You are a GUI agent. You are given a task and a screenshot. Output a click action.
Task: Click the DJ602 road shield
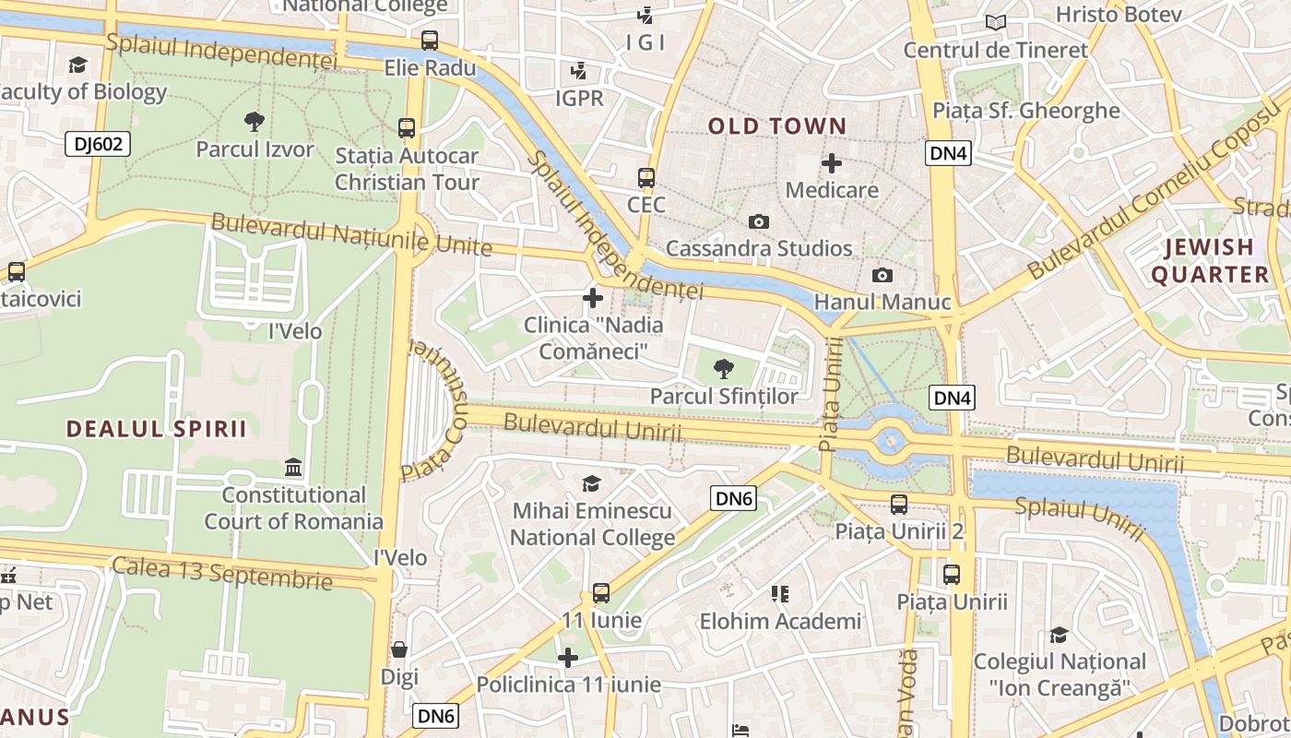[x=98, y=144]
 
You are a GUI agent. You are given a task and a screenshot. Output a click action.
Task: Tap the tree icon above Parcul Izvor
[x=255, y=121]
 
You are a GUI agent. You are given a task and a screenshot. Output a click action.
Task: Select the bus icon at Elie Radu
[x=430, y=41]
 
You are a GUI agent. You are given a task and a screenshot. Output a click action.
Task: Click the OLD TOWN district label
[x=776, y=126]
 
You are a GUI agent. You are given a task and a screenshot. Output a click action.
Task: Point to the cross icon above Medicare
[x=832, y=164]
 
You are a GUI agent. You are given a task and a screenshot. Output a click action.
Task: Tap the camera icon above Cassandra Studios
[x=759, y=221]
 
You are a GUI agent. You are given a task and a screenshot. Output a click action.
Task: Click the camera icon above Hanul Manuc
[x=882, y=275]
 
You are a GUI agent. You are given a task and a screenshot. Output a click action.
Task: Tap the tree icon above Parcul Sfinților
[x=724, y=369]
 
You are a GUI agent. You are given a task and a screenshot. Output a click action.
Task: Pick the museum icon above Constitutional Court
[x=293, y=468]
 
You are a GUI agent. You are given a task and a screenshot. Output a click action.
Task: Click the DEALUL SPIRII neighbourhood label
[x=157, y=429]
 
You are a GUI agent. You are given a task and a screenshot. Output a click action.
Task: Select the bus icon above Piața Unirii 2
[x=899, y=505]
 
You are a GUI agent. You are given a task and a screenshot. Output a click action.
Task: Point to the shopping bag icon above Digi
[x=399, y=649]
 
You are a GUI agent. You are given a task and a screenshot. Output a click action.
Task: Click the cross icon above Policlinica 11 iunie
[x=568, y=658]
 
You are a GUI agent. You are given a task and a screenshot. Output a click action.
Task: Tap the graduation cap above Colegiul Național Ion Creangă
[x=1059, y=635]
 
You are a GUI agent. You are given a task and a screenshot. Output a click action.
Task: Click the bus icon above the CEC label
[x=646, y=178]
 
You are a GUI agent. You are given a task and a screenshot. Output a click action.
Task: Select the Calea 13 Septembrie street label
[x=221, y=572]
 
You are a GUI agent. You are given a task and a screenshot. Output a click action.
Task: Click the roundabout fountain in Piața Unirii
[x=891, y=441]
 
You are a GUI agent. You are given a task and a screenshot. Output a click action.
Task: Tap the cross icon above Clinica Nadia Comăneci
[x=593, y=298]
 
